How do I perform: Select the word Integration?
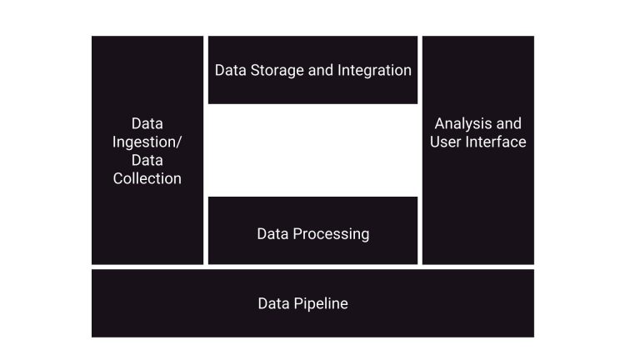pyautogui.click(x=374, y=70)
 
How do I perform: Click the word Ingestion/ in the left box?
pyautogui.click(x=147, y=142)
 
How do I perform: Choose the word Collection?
pyautogui.click(x=147, y=178)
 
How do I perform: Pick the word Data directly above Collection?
pyautogui.click(x=147, y=160)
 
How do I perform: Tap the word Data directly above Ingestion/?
pyautogui.click(x=147, y=123)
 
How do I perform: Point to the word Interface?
pyautogui.click(x=497, y=142)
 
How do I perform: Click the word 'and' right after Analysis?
pyautogui.click(x=508, y=124)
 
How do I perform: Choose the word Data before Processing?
pyautogui.click(x=273, y=233)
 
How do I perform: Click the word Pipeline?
pyautogui.click(x=321, y=303)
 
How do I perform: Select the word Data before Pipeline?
pyautogui.click(x=273, y=303)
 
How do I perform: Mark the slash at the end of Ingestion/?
pyautogui.click(x=178, y=142)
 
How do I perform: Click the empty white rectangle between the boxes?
pyautogui.click(x=312, y=150)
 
